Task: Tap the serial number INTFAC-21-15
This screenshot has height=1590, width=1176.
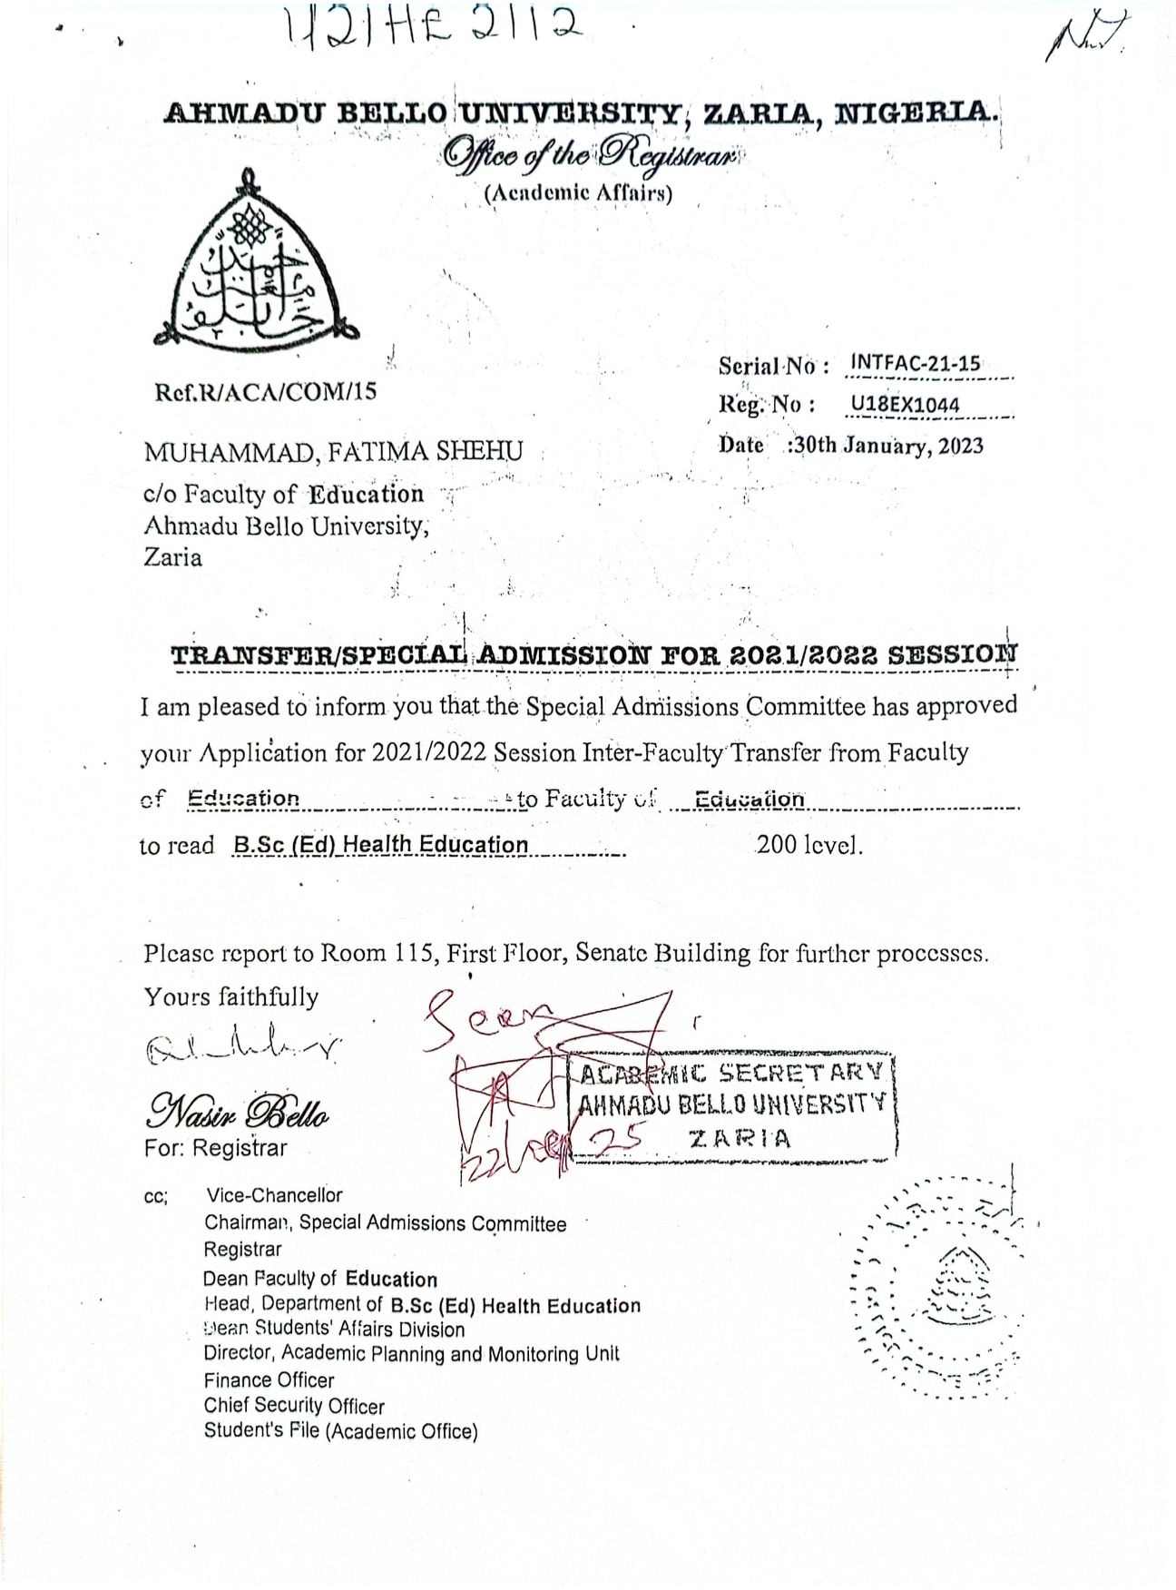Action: point(915,364)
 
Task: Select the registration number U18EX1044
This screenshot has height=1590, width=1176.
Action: point(905,405)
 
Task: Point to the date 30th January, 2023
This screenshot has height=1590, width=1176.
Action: point(887,446)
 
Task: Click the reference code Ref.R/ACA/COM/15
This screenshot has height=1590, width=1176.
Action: point(265,392)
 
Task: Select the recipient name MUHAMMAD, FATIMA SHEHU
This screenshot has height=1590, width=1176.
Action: point(333,451)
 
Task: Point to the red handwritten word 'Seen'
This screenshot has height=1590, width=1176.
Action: point(490,1014)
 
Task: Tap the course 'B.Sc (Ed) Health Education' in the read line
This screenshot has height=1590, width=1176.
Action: point(380,846)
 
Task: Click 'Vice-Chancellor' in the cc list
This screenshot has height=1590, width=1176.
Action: point(274,1195)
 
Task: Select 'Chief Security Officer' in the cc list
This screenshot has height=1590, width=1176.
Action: point(294,1406)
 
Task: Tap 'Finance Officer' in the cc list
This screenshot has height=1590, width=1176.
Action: point(269,1380)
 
